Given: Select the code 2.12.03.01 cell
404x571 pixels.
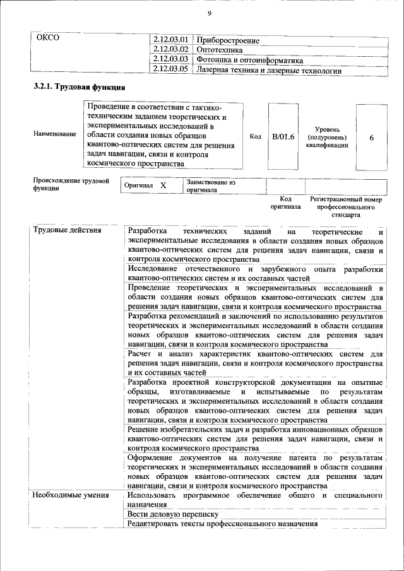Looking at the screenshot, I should tap(171, 40).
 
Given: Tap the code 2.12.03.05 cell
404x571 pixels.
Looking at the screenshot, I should tap(171, 70).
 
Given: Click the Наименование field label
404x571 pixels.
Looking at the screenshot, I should tap(56, 134).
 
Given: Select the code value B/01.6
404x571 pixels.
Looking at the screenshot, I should tap(283, 135).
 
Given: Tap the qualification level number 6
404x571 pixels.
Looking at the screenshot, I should tap(372, 135).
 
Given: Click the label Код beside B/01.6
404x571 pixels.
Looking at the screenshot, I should tap(256, 135).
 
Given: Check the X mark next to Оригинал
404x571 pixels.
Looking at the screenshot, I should tap(163, 186).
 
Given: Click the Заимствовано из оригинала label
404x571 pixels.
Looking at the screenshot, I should tap(211, 185).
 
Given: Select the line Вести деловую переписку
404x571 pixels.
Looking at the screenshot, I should tap(163, 515).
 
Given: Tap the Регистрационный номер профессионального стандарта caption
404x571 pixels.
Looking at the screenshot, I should tap(346, 207).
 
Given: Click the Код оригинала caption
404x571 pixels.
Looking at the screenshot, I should tap(285, 203).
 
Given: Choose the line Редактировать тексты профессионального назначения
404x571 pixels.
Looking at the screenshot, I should tap(222, 525).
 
